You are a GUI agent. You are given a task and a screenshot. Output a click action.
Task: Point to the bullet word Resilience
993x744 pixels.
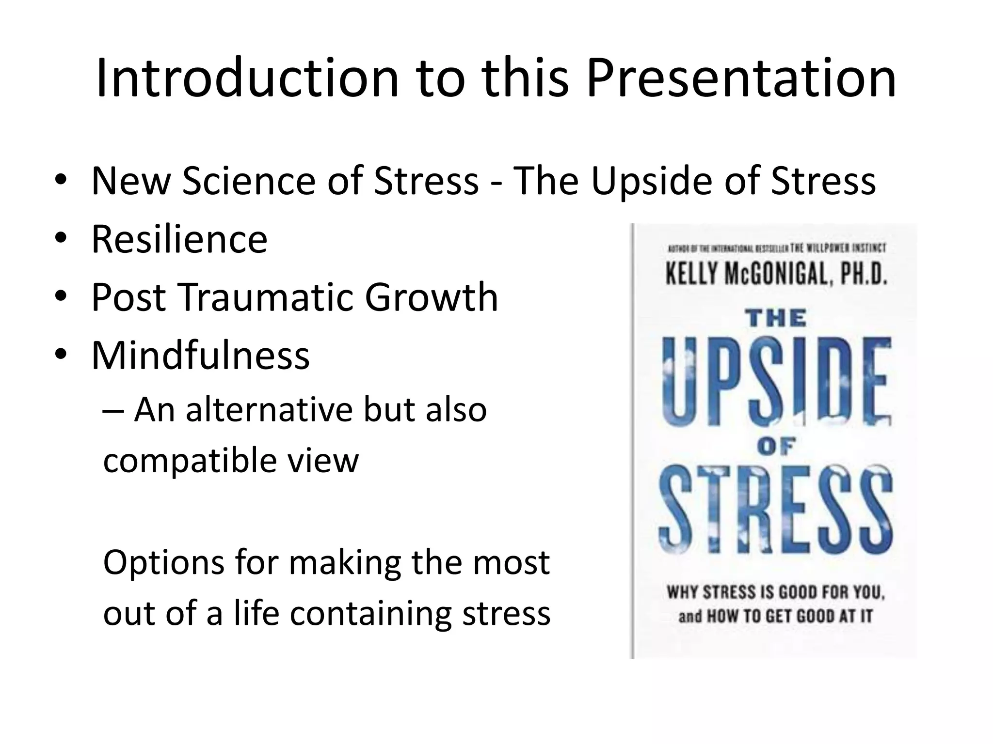179,239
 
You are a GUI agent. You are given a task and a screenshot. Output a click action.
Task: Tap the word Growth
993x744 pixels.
432,297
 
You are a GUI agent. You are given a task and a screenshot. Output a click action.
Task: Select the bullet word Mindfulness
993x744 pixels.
200,355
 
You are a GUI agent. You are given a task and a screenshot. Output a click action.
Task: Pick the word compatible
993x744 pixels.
189,461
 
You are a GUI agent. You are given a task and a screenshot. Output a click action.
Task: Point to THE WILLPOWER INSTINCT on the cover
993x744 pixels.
837,248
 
